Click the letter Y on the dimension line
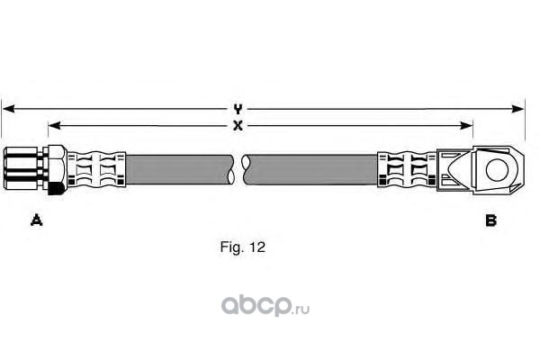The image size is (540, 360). [x=238, y=109]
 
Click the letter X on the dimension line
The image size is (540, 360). [x=238, y=126]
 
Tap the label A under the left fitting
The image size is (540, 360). [x=37, y=220]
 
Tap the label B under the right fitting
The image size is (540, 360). [x=490, y=220]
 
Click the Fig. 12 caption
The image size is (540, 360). [x=243, y=247]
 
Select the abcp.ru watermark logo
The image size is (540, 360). [x=265, y=306]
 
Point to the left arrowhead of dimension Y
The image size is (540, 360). [x=8, y=109]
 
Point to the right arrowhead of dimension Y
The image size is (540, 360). [x=517, y=109]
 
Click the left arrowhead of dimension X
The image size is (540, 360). [x=55, y=126]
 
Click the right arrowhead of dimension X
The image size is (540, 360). [x=466, y=126]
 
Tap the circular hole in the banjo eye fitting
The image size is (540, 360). [x=497, y=170]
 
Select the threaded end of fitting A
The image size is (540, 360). [x=21, y=169]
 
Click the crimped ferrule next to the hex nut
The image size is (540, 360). [x=96, y=169]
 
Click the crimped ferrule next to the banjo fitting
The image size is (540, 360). [x=408, y=169]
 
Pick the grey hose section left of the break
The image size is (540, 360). [x=178, y=169]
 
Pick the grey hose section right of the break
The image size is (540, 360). [x=311, y=169]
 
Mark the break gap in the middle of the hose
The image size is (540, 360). [x=238, y=169]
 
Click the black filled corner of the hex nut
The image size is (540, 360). [x=55, y=188]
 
